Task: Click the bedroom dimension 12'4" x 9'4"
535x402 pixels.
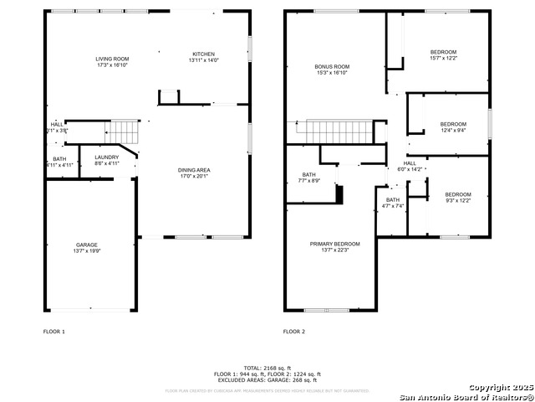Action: coord(453,130)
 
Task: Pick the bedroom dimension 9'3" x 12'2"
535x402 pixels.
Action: coord(457,200)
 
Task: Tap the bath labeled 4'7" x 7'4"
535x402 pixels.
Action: coord(393,206)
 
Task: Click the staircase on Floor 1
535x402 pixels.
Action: coord(124,131)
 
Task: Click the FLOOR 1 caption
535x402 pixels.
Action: coord(54,332)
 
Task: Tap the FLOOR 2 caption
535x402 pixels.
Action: coord(293,332)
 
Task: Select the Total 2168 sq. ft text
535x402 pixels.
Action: coord(267,368)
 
